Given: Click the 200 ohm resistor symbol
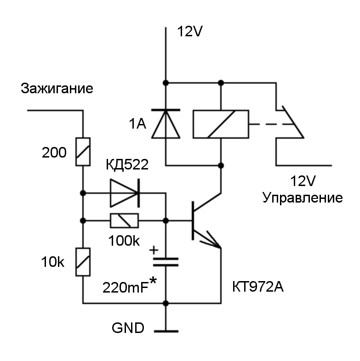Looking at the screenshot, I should [83, 152].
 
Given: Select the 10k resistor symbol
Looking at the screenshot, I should [83, 262].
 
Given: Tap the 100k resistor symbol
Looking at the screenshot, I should [124, 221].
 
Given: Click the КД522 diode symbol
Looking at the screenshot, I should [124, 193].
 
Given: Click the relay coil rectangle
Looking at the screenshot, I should [221, 124].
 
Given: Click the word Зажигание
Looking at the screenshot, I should [57, 89].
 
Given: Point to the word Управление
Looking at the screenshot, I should [302, 198].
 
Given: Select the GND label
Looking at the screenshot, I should [128, 329].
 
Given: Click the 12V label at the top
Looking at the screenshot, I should [190, 32].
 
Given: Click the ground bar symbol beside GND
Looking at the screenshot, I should [166, 330].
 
